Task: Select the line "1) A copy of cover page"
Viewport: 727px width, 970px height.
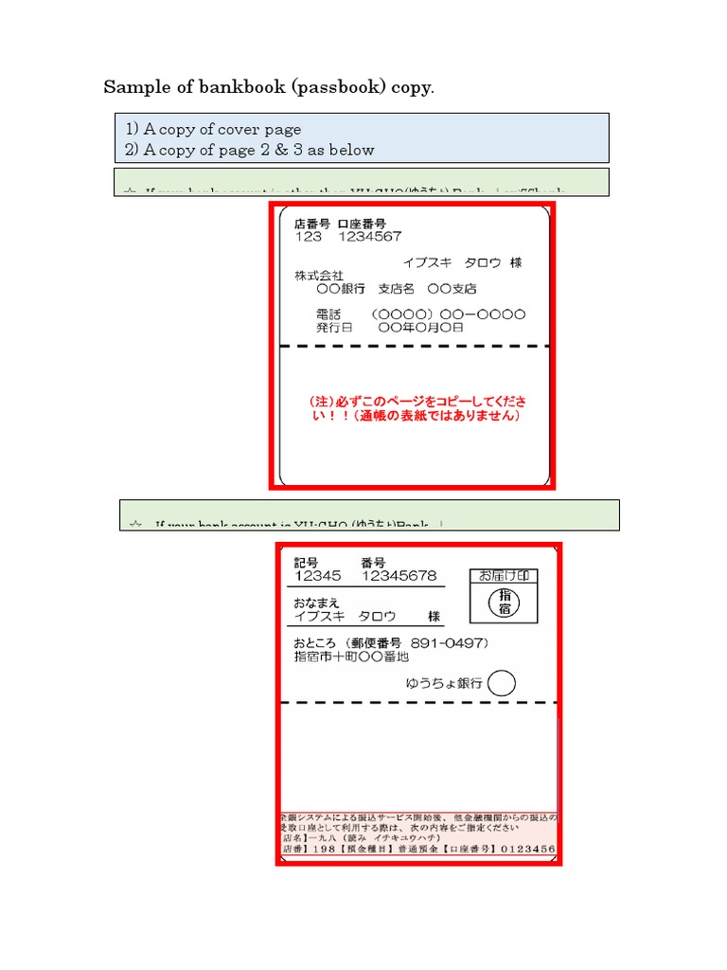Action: click(213, 129)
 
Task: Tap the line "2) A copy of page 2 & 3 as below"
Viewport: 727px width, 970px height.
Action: click(249, 150)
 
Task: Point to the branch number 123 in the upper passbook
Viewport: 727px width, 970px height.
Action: click(309, 237)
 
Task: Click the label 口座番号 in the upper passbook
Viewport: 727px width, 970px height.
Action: click(362, 225)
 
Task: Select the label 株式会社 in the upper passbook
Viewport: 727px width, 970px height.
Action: click(319, 275)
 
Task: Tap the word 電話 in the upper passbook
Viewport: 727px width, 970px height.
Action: click(328, 314)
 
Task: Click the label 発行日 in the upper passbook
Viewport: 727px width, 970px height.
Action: click(333, 327)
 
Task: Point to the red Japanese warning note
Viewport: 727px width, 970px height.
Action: click(414, 408)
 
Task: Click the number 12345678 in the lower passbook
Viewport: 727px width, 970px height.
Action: click(399, 576)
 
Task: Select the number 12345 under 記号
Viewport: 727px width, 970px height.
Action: click(318, 576)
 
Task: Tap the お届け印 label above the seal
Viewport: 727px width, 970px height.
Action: click(503, 576)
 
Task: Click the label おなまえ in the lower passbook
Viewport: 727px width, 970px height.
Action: click(316, 602)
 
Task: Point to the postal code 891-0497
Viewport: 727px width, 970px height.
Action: click(452, 643)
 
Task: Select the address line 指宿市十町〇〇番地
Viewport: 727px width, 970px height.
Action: click(351, 656)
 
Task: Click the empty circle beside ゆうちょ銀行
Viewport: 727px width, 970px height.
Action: click(502, 683)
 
